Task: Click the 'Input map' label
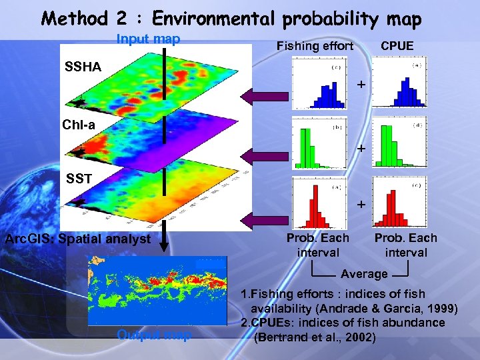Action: point(148,39)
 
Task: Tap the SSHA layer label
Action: point(84,67)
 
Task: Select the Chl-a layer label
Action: point(79,125)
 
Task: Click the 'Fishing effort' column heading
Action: point(315,46)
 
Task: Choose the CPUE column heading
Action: point(397,46)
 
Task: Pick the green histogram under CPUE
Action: point(401,145)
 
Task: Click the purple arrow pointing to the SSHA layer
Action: point(265,97)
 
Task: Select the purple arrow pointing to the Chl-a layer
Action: point(265,156)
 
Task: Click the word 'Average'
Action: point(364,274)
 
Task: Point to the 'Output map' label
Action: point(154,335)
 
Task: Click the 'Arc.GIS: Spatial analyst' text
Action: point(78,239)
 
